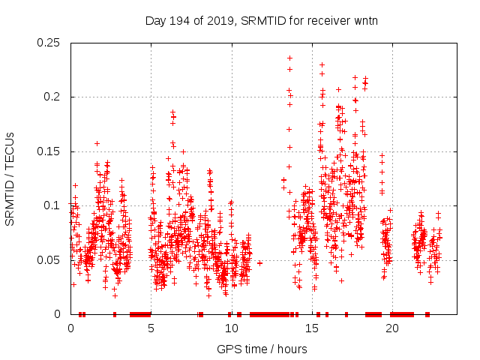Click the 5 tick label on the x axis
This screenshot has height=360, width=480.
click(151, 328)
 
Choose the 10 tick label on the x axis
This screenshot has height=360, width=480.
click(231, 328)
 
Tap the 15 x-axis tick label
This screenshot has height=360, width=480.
click(311, 328)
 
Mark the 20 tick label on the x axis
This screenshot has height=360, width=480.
click(391, 328)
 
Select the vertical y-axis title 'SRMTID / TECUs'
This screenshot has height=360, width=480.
click(10, 178)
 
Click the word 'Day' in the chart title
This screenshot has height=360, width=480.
click(155, 20)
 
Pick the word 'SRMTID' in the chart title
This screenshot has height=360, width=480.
click(265, 20)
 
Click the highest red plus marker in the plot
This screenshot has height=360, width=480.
click(289, 58)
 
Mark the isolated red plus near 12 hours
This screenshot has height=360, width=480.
click(259, 263)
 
